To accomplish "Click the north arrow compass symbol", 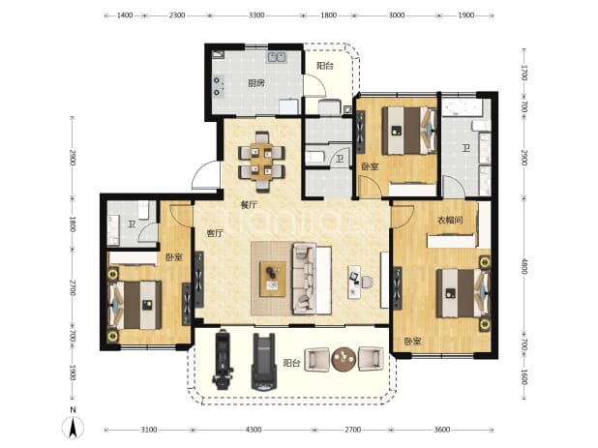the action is [x=74, y=427].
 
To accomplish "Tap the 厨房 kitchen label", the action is [x=256, y=83].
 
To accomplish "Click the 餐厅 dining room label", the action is [x=249, y=205].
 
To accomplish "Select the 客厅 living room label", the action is [x=215, y=233].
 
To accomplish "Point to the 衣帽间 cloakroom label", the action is [x=450, y=220].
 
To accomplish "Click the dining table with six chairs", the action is [x=261, y=162].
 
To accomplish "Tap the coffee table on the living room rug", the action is [x=273, y=279].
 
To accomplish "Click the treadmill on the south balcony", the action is [x=263, y=362].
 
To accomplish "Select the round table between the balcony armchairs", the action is [x=344, y=359].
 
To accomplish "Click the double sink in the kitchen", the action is [x=278, y=57].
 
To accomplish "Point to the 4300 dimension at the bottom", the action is [x=254, y=430].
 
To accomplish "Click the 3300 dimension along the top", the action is [x=256, y=15].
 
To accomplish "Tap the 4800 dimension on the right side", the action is [x=524, y=266].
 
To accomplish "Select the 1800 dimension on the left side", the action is [x=73, y=224].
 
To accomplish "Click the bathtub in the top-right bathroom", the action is [x=463, y=107].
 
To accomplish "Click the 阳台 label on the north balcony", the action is [x=325, y=66].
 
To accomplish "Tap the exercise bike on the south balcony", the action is [x=223, y=360].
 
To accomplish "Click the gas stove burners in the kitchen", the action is [x=218, y=86].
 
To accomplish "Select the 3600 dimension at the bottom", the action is [x=441, y=430].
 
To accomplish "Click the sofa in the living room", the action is [x=312, y=279].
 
